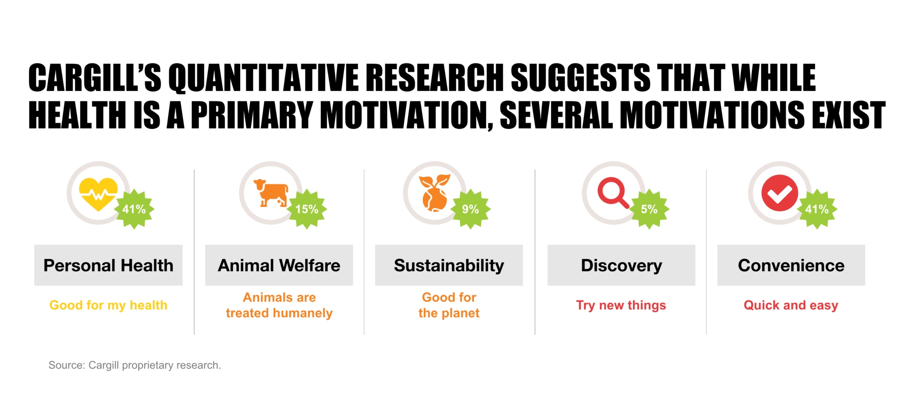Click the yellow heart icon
coord(98,193)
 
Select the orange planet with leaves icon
coord(434,193)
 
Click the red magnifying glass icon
coord(613,192)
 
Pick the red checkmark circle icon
coord(779,193)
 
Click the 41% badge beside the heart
coord(134,209)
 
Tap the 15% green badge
coord(307,209)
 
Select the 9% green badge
coord(470,209)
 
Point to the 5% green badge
coord(649,209)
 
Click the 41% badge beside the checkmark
coord(817,209)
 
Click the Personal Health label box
coord(108,265)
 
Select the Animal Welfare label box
coord(279,265)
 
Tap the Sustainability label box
coord(449,265)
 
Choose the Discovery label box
coord(621,265)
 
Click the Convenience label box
coord(791,265)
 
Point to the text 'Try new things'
coord(621,305)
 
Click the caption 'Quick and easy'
coord(791,305)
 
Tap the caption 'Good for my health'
coord(108,305)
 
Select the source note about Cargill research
coord(134,365)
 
